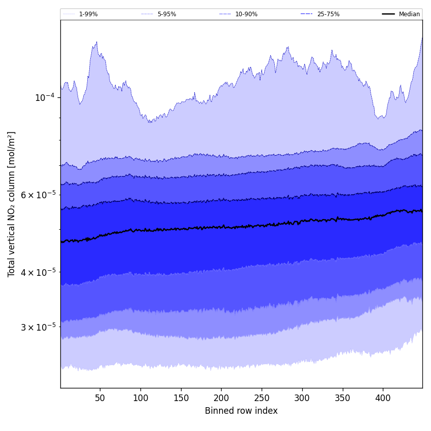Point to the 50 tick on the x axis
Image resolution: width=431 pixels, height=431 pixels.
[x=100, y=398]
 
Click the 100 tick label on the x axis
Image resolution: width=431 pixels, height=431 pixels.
[x=140, y=398]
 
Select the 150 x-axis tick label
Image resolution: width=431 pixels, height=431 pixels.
[x=181, y=398]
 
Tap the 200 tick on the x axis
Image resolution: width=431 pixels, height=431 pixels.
[x=221, y=398]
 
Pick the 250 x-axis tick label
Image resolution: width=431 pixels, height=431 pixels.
[x=262, y=398]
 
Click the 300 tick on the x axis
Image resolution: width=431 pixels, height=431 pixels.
[x=302, y=398]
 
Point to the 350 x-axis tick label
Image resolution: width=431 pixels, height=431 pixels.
[x=343, y=398]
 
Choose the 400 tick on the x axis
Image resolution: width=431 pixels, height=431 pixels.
[x=383, y=398]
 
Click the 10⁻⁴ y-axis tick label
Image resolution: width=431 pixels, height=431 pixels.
[x=45, y=97]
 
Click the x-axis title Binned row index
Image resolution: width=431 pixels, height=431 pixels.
[x=241, y=411]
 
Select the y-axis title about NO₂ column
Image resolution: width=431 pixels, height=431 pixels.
[x=12, y=204]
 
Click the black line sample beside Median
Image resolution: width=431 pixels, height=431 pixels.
[x=388, y=14]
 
